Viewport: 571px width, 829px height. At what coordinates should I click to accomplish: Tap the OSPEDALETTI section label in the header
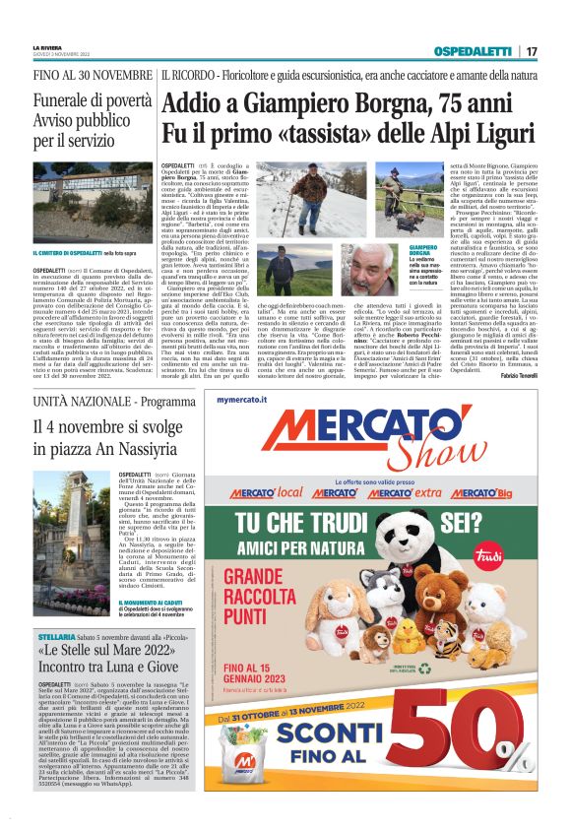click(476, 51)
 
